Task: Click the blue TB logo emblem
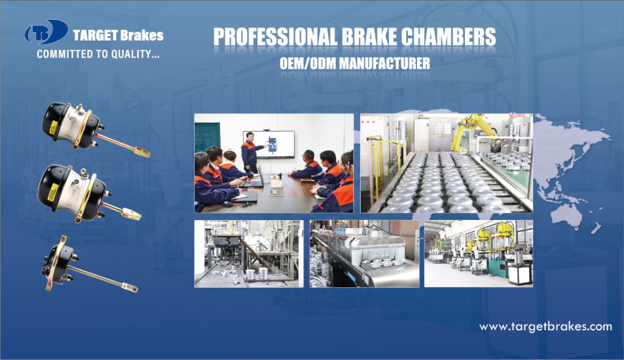pos(46,32)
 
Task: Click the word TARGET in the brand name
pos(95,36)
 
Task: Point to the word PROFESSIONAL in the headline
pos(275,36)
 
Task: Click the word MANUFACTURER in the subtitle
pos(384,63)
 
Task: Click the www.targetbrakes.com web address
pos(545,327)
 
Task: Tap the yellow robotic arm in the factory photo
pos(474,131)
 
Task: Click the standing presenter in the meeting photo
pos(250,152)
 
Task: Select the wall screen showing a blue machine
pos(269,144)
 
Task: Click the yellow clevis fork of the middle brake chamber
pos(131,214)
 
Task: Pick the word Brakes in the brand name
pos(142,36)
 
